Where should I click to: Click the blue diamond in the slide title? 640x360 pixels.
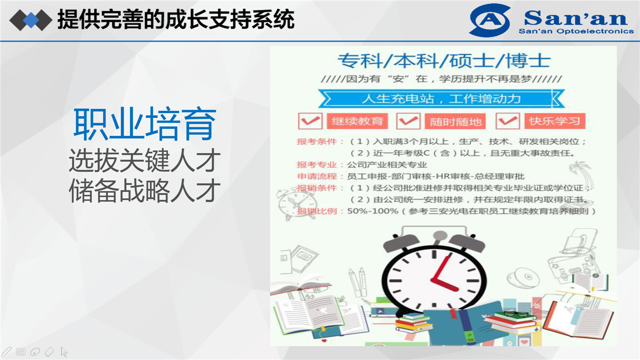(31, 20)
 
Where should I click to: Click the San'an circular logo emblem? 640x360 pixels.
(489, 20)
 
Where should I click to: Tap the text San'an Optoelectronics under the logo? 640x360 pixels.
(576, 31)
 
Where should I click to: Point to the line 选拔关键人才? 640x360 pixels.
(144, 160)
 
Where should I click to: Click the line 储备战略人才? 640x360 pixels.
(144, 190)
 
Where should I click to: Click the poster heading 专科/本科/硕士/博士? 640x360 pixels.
(444, 60)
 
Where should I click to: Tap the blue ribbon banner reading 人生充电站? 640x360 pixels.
(441, 98)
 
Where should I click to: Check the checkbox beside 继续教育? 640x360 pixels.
(310, 121)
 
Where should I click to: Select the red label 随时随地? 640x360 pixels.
(455, 121)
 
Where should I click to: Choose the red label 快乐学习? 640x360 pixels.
(555, 121)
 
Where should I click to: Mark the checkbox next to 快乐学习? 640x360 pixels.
(507, 121)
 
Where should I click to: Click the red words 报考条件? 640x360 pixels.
(317, 141)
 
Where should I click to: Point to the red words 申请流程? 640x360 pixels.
(317, 176)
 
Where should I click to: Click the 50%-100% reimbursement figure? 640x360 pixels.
(372, 211)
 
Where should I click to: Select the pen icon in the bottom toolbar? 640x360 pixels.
(6, 351)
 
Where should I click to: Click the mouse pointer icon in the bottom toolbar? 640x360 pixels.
(64, 352)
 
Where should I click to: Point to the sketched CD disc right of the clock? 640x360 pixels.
(523, 277)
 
